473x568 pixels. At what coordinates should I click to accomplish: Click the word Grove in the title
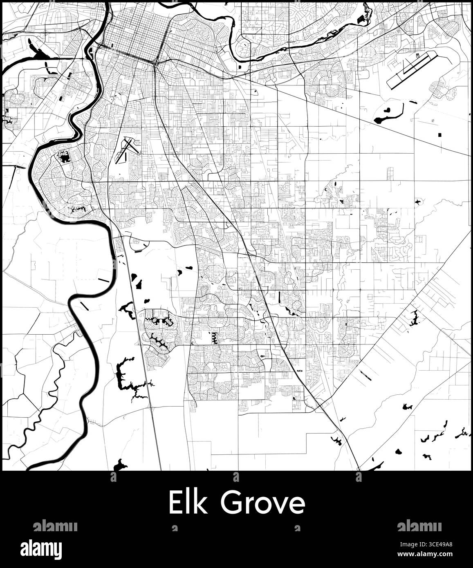tap(262, 503)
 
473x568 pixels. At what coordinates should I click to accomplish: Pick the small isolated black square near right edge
tap(440, 134)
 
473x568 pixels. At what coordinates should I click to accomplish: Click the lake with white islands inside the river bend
tap(63, 156)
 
